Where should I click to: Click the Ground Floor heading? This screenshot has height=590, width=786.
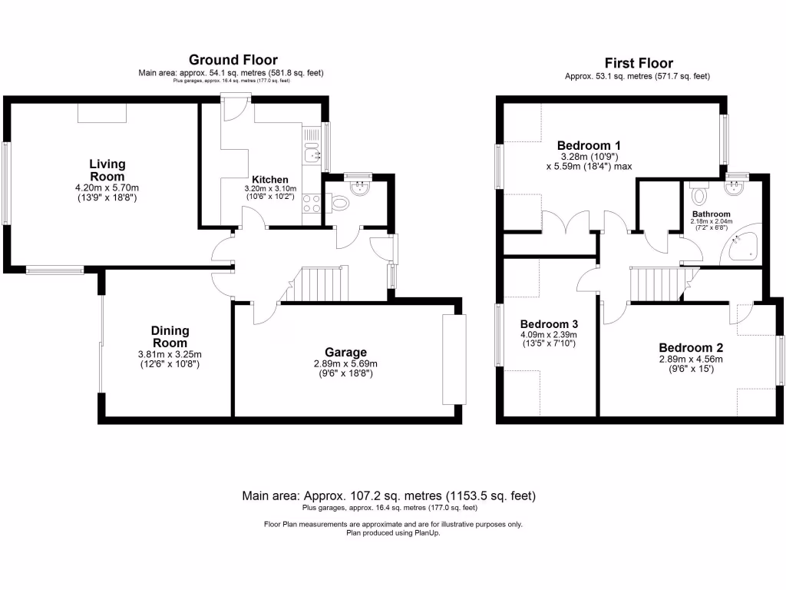point(233,60)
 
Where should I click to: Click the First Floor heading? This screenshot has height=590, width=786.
point(639,63)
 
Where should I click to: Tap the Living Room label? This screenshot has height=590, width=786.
point(107,170)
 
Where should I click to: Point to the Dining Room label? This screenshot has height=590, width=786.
point(169,336)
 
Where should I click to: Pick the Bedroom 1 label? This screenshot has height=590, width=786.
point(589,146)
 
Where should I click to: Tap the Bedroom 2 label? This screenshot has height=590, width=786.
point(690,347)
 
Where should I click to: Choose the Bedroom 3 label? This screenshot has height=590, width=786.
point(548,324)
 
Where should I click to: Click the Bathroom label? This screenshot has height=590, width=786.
point(711,214)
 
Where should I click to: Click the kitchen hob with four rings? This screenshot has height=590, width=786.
point(312,203)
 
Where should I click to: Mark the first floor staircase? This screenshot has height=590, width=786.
point(656,283)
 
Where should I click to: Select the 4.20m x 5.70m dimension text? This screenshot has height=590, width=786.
point(107,188)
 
